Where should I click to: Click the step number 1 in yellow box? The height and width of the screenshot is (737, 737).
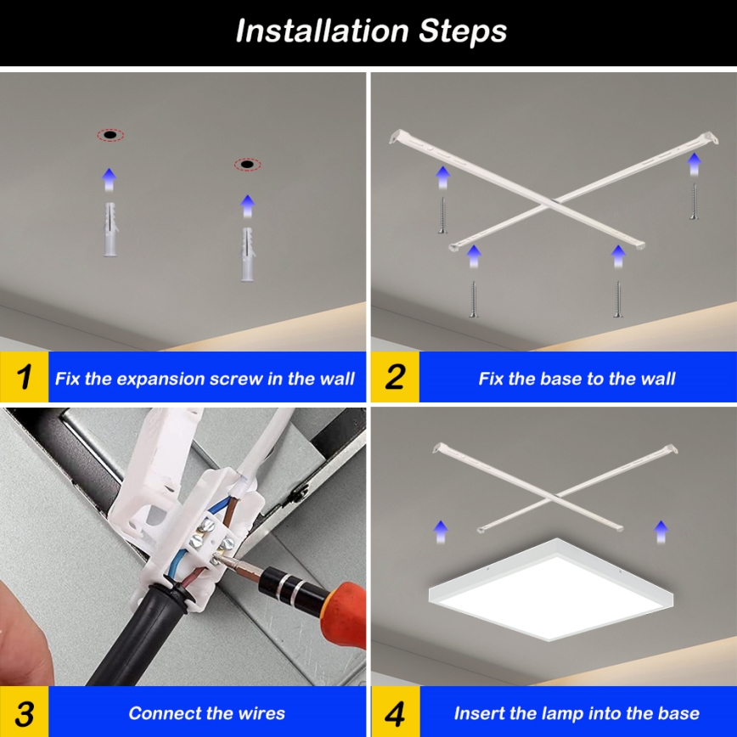point(24,378)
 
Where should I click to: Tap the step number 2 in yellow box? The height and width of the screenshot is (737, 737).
point(395,378)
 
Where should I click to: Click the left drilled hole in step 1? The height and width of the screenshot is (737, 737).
point(110,135)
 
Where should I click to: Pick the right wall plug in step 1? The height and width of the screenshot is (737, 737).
point(248,255)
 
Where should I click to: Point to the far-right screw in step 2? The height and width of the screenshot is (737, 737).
point(694,202)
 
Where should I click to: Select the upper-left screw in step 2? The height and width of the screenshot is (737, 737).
point(442,215)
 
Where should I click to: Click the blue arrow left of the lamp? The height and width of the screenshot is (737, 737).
point(440,532)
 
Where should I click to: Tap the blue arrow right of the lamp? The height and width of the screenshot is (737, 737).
point(661,532)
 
